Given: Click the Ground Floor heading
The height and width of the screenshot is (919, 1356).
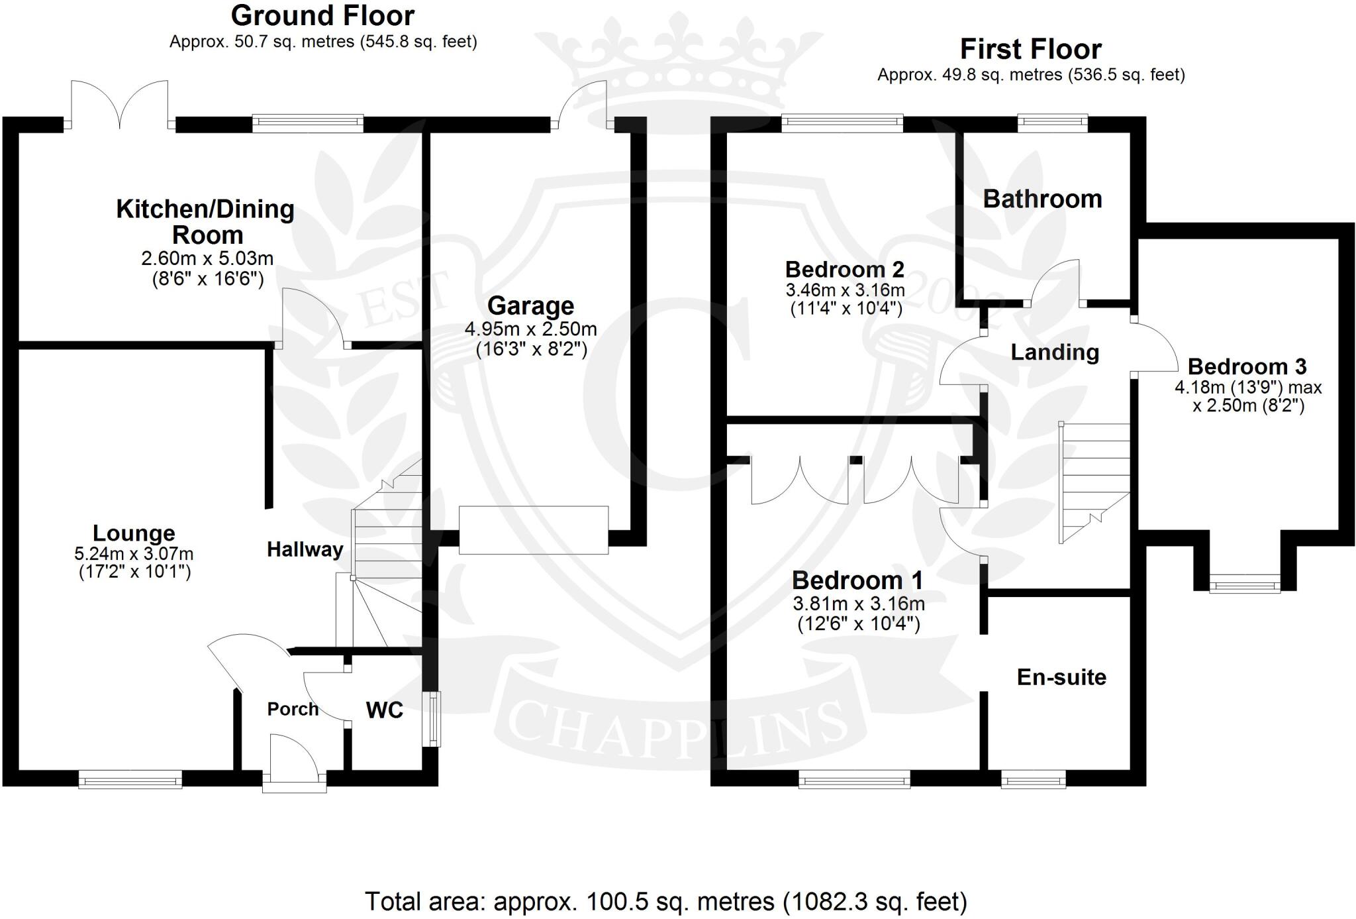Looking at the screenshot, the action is tap(322, 16).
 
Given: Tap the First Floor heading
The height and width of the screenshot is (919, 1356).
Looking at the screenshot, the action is tap(1030, 50).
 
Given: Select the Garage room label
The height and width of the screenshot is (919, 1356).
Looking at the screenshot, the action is tap(530, 306).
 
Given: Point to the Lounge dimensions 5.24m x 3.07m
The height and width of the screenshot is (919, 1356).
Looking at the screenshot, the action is tap(134, 553).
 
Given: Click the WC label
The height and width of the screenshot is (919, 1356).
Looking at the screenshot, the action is tap(384, 710).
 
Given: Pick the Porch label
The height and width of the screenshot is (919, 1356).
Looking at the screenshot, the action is tap(293, 709).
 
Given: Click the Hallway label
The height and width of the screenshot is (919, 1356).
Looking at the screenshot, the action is tap(305, 549).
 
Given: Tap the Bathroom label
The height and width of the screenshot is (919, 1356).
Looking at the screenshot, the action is tap(1042, 199).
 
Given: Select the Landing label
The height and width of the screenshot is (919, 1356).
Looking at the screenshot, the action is tap(1055, 352).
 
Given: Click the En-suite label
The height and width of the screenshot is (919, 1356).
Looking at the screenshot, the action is tap(1061, 677).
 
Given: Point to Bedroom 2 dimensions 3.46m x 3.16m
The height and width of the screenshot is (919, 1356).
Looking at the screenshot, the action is tap(845, 290).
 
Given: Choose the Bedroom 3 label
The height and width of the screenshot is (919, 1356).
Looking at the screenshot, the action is tap(1247, 366).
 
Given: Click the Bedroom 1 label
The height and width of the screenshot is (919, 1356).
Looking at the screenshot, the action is tap(857, 580).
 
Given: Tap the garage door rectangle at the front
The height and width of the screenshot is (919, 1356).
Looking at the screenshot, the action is tap(534, 530).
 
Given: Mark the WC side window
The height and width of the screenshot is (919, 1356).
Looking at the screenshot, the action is tap(434, 719).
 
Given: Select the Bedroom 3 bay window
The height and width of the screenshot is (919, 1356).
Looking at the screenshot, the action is tap(1245, 586).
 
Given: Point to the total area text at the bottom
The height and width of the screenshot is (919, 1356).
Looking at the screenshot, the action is tap(666, 902).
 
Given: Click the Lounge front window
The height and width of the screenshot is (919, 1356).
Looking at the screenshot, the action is tap(130, 779).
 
